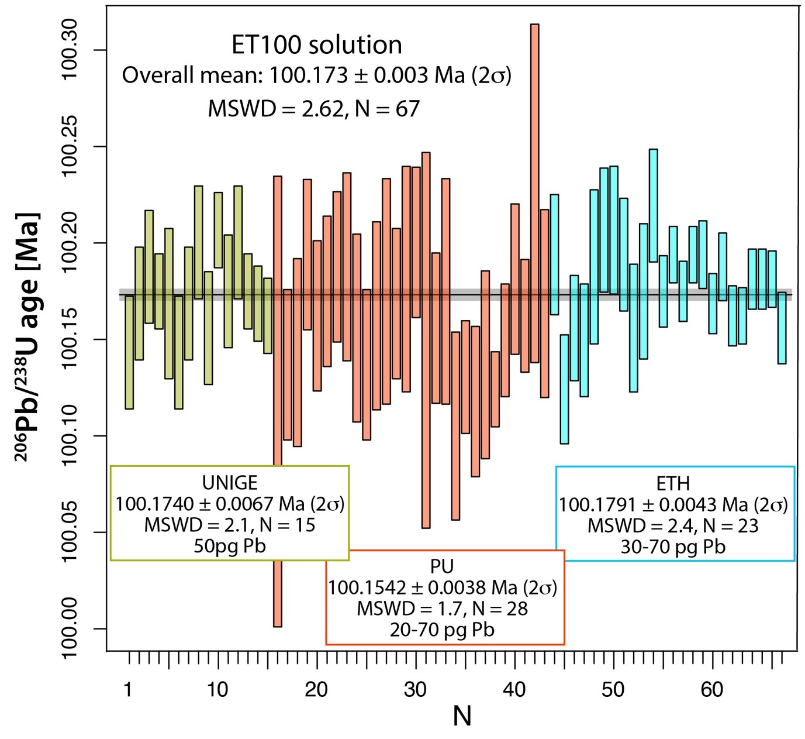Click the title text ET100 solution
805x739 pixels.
(316, 45)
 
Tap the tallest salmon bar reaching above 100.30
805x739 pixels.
(534, 193)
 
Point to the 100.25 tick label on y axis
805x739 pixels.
(69, 146)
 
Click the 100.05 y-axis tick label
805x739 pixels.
(69, 532)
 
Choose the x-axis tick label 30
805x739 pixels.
(415, 690)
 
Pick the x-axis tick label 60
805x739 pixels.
(712, 690)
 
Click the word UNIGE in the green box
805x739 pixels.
(230, 483)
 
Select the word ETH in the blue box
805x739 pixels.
(673, 483)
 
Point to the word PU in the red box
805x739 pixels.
(442, 566)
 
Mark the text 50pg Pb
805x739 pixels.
(230, 546)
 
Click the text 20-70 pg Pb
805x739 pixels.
(442, 630)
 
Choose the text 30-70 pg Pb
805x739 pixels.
(673, 546)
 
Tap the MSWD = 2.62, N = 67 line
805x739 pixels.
(314, 109)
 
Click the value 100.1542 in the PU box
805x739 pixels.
(359, 587)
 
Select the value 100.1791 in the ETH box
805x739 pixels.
(590, 504)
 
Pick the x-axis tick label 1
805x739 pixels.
(127, 690)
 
